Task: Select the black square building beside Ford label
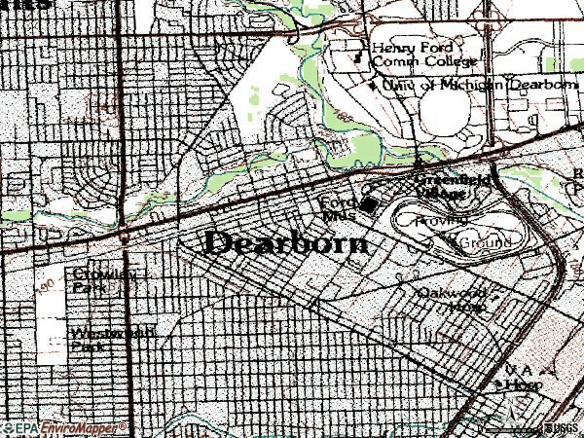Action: point(369,204)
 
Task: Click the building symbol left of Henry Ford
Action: point(356,55)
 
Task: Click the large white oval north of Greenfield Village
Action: point(443,122)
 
